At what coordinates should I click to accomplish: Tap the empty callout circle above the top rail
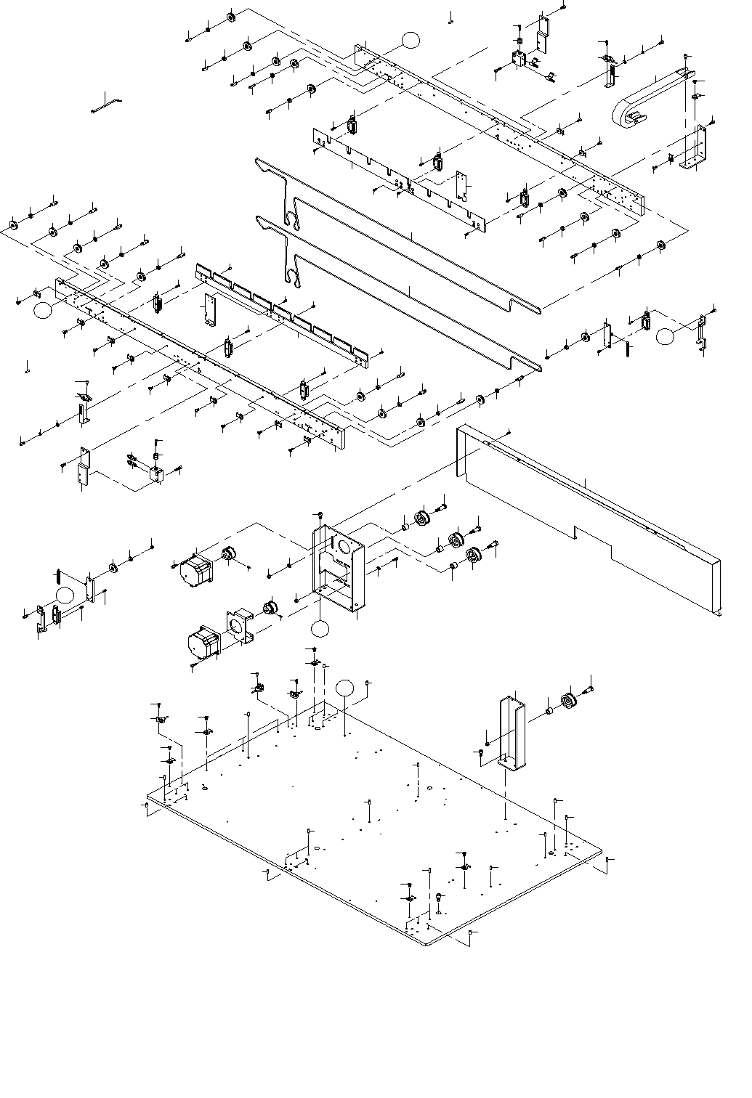(x=411, y=40)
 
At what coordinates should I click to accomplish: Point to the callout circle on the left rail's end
(x=43, y=309)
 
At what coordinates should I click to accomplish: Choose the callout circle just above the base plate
(x=345, y=688)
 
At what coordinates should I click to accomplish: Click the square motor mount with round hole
(x=240, y=625)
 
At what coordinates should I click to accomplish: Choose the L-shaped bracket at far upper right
(x=694, y=149)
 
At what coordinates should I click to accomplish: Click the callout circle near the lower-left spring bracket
(x=65, y=595)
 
